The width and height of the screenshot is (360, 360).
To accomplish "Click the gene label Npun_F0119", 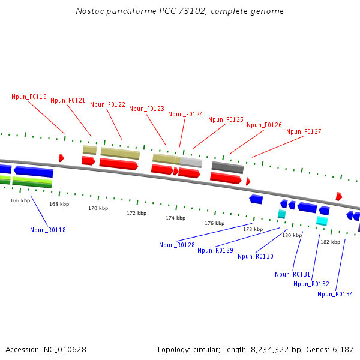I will point(29,97).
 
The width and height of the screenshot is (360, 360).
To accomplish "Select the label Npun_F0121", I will point(68,100).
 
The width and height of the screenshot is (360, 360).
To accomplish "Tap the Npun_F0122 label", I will point(107,104).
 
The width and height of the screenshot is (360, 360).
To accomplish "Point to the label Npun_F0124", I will point(185,114).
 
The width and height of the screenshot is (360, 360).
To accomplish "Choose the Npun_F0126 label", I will point(264,125).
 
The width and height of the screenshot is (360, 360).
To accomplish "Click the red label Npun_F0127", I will point(304,131).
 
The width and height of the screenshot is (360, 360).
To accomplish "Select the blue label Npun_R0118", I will point(48,230).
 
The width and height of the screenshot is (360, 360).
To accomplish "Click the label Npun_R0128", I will point(177,244).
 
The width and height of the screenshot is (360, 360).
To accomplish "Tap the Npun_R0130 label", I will point(256,256).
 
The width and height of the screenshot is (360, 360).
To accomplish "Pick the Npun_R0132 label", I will point(311,284).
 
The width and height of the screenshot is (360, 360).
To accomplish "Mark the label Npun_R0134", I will point(335,294).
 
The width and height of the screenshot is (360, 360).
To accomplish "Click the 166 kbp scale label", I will point(20,200).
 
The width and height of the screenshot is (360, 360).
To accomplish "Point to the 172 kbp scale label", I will point(136,213).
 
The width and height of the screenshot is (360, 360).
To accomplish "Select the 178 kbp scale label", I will point(253,229).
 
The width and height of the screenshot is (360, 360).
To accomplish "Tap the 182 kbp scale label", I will point(330,242).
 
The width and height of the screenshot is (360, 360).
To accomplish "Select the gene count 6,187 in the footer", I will point(343,349).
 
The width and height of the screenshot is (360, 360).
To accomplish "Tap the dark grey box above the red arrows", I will point(227,167).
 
